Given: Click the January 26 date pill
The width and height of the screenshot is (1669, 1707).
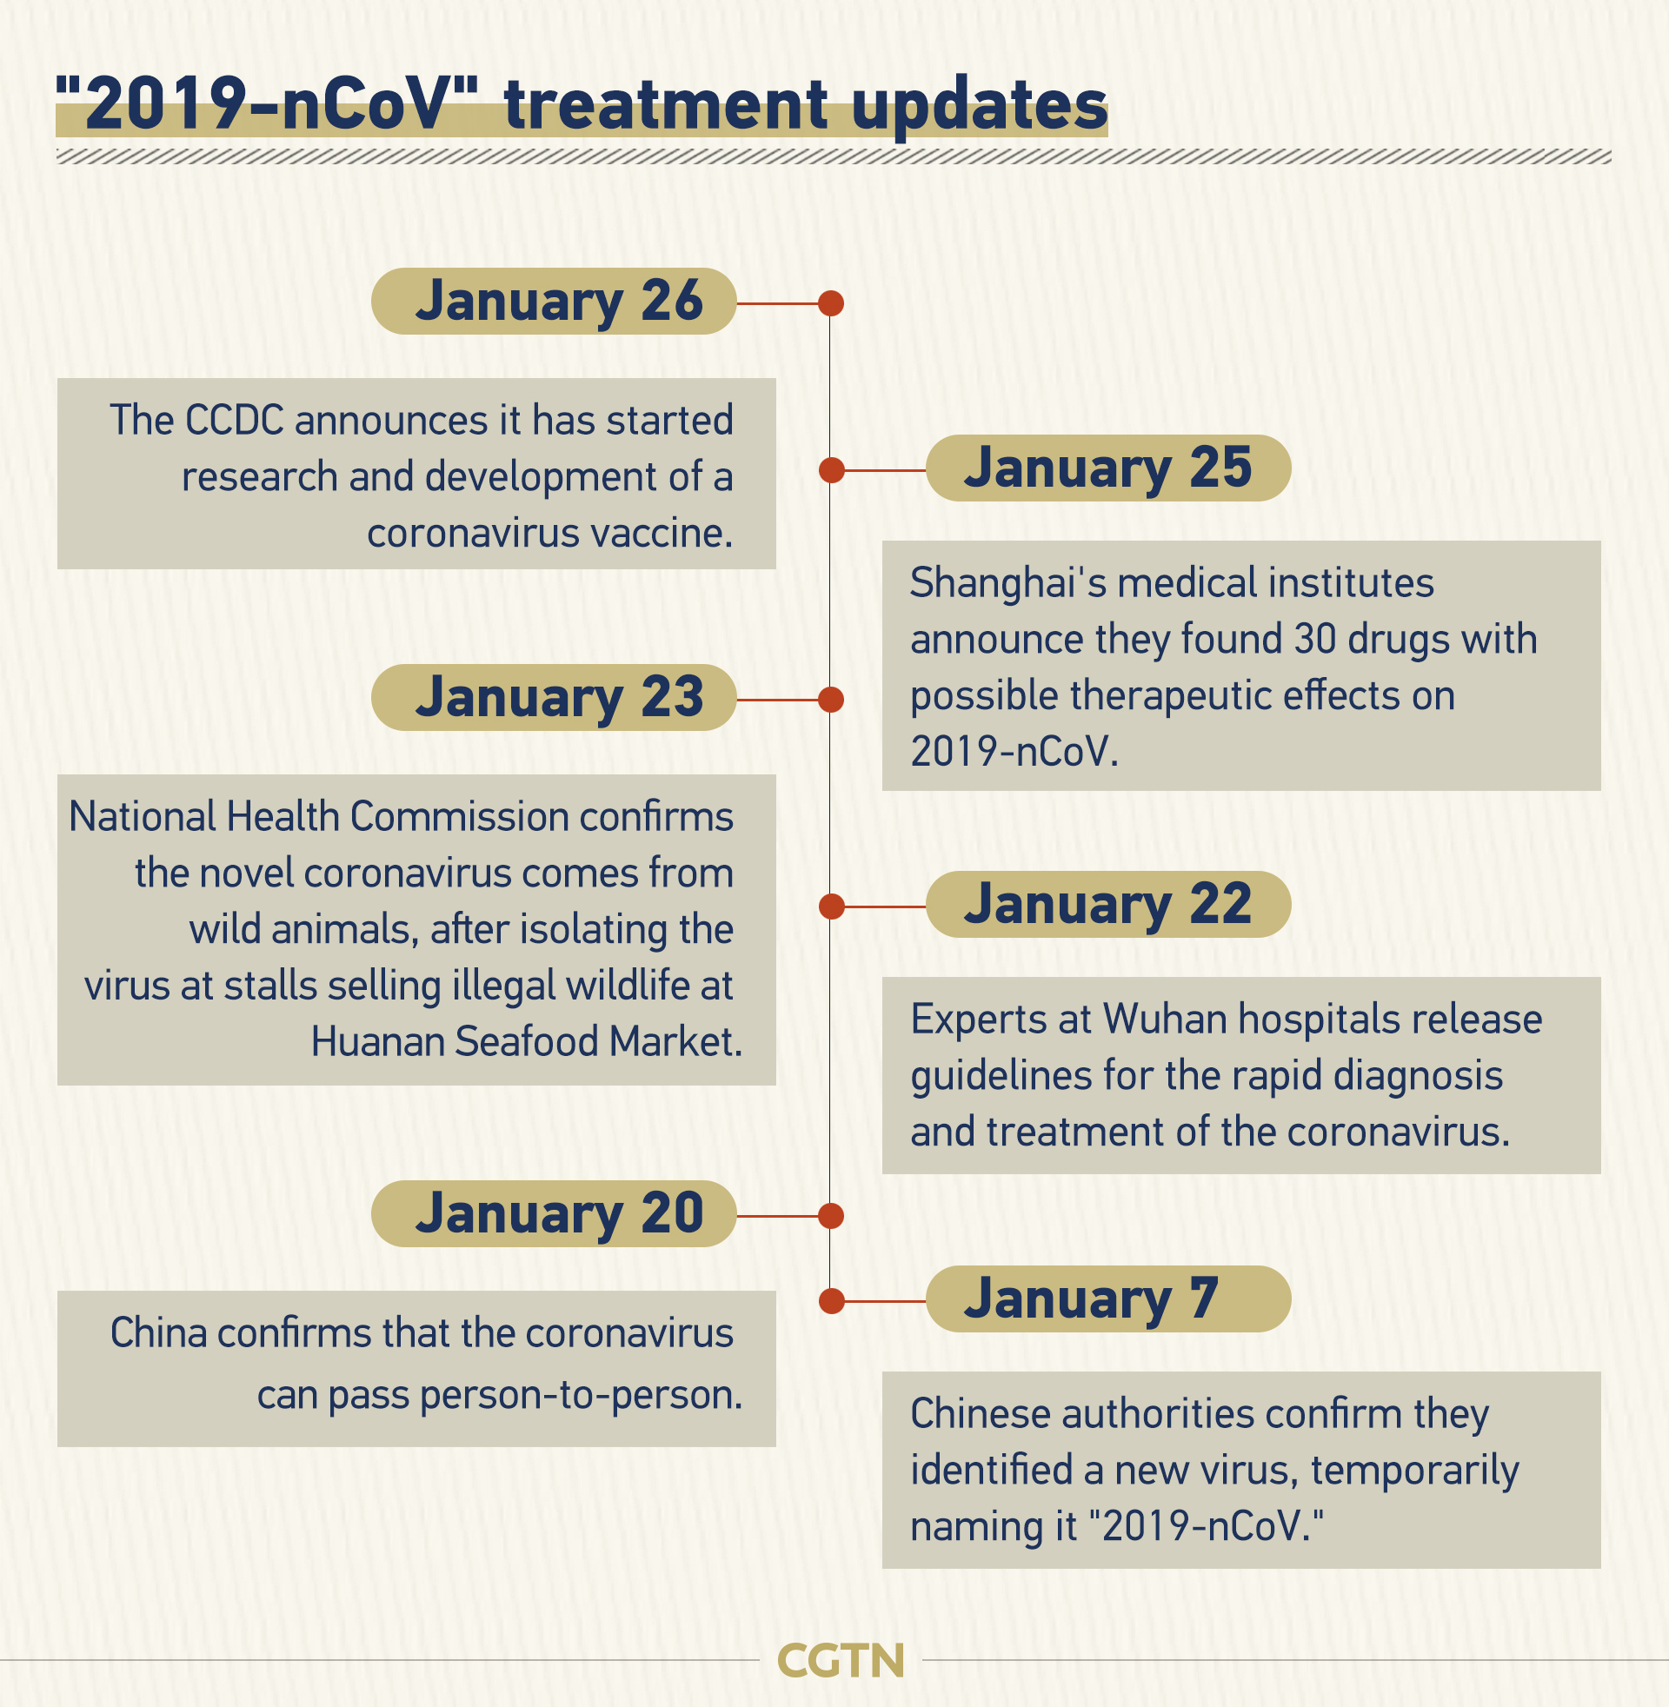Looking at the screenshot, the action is [553, 302].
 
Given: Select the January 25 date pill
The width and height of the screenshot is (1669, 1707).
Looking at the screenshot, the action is [1108, 468].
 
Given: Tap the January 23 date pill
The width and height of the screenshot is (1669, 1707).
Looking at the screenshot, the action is [553, 698].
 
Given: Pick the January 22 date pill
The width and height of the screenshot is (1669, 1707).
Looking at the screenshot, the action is [1108, 904].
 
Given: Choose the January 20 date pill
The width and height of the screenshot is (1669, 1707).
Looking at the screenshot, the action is [553, 1213].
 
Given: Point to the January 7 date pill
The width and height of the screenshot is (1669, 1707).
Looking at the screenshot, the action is [1108, 1299].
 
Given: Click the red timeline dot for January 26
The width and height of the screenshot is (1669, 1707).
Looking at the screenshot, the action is [831, 303].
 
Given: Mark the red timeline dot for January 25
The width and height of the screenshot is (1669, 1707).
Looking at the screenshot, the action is [831, 470].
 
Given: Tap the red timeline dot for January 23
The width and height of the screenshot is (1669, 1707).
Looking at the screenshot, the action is [831, 700].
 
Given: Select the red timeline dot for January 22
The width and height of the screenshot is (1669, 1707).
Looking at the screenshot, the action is [831, 906].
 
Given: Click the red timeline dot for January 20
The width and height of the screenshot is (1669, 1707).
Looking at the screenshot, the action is [831, 1216].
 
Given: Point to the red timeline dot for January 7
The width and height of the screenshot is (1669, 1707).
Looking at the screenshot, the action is [831, 1301].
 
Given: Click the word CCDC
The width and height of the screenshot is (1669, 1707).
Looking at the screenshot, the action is [235, 421].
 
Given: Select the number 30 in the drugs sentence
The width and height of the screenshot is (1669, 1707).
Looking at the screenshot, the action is [1315, 640].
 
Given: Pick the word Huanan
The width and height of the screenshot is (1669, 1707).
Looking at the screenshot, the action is [377, 1043].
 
